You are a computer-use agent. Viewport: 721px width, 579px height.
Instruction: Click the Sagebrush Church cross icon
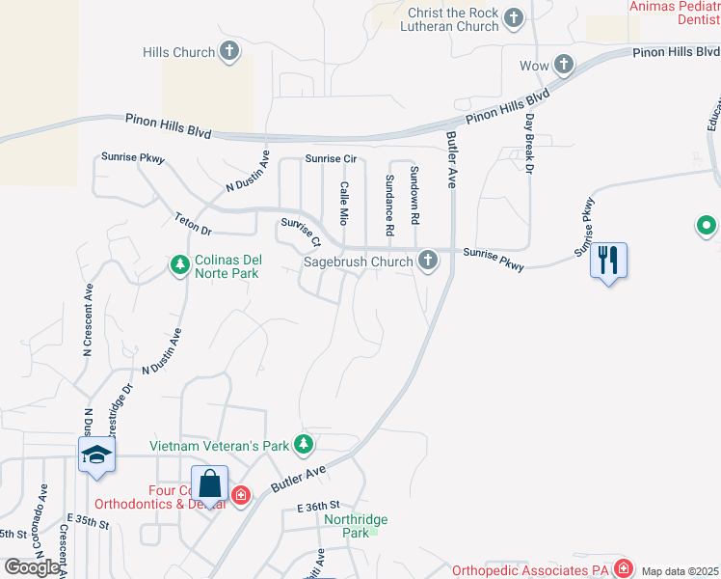(x=428, y=261)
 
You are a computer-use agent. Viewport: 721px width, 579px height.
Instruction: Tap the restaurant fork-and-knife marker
(x=608, y=261)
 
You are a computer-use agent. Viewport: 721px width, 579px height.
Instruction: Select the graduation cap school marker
(x=96, y=454)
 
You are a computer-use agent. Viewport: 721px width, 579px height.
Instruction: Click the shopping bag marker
(x=209, y=484)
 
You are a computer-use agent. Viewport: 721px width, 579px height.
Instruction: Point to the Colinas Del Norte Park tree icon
(x=179, y=264)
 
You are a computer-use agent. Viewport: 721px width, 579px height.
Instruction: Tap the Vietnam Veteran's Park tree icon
(x=305, y=445)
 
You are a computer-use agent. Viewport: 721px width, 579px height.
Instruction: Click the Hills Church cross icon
(x=229, y=52)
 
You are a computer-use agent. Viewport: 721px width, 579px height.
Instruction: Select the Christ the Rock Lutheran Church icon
(x=514, y=18)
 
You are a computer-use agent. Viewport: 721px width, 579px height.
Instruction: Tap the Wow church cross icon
(x=564, y=66)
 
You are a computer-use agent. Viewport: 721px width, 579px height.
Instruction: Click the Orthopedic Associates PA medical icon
(x=624, y=567)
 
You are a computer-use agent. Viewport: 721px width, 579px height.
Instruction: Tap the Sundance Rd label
(x=389, y=206)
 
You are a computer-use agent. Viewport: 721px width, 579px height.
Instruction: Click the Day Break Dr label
(x=529, y=146)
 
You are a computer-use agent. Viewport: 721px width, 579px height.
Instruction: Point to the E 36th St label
(x=319, y=506)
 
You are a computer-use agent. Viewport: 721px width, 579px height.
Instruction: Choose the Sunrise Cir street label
(x=331, y=158)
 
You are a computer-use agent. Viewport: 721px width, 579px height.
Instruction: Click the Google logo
(x=33, y=567)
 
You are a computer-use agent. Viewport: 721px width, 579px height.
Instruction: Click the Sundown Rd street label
(x=414, y=195)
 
